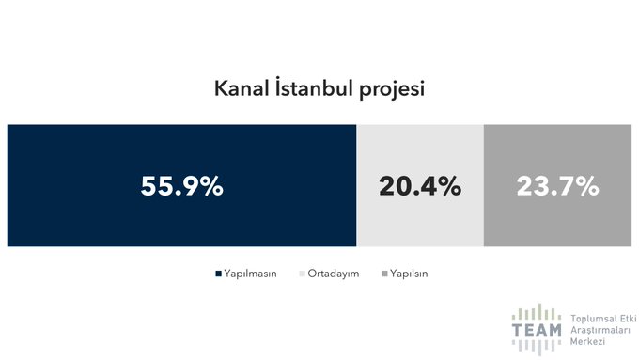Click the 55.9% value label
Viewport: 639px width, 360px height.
[x=182, y=186]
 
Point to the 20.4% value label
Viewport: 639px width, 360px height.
[x=420, y=186]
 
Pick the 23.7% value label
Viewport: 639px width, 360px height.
[x=557, y=186]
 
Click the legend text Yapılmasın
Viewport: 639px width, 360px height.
[x=249, y=274]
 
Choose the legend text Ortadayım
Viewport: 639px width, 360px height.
[x=334, y=274]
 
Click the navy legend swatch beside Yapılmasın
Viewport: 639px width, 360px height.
[x=218, y=274]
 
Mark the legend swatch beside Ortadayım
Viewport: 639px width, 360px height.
[x=302, y=274]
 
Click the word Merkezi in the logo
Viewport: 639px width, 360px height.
[x=587, y=343]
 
